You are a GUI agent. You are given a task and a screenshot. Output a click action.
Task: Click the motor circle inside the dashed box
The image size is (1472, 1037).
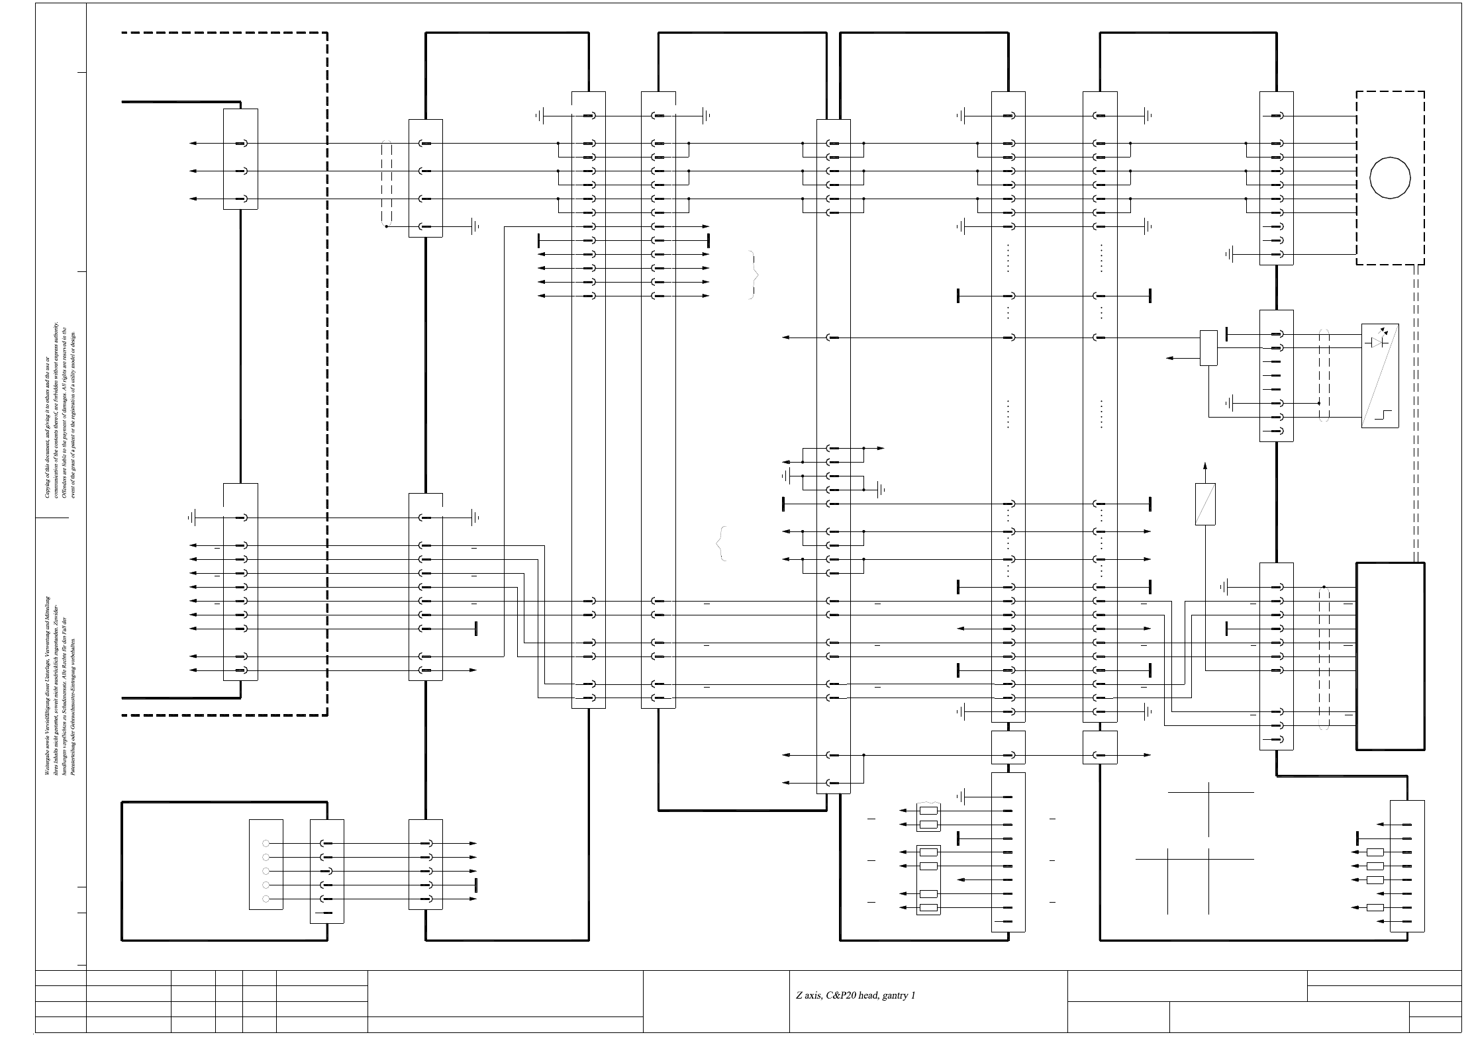(x=1390, y=177)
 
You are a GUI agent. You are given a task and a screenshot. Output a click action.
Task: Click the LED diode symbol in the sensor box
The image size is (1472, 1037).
(x=1377, y=342)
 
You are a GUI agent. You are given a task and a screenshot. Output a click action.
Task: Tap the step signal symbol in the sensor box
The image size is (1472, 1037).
(x=1383, y=416)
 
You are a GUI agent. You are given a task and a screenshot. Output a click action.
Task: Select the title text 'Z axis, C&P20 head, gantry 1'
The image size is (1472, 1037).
(x=855, y=995)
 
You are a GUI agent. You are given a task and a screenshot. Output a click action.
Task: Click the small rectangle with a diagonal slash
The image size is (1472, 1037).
(x=1205, y=504)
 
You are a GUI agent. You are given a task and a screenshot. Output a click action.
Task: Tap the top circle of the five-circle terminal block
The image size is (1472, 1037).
(x=266, y=844)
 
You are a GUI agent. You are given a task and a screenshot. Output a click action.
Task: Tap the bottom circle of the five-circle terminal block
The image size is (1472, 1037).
(x=266, y=899)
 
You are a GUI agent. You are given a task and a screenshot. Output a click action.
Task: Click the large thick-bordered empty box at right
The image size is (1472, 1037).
(x=1390, y=656)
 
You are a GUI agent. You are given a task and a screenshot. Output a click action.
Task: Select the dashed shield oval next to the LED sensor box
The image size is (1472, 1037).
(x=1324, y=375)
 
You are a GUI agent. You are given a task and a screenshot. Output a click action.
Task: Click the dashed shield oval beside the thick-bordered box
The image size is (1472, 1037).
(x=1324, y=658)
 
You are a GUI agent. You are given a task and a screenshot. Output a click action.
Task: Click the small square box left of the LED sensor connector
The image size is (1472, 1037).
(x=1208, y=347)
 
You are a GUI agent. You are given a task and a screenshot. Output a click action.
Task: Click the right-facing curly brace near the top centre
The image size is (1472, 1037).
(x=754, y=275)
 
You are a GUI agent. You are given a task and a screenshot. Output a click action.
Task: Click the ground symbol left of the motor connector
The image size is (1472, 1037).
(x=1229, y=254)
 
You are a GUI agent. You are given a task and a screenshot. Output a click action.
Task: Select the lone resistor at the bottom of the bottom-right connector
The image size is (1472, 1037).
(x=1375, y=907)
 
